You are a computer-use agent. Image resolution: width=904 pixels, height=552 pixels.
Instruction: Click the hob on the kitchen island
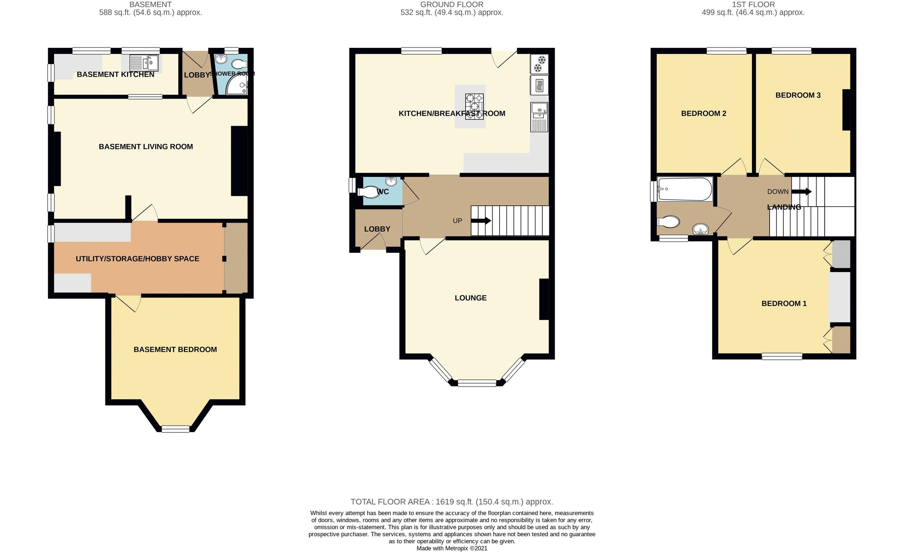point(474,106)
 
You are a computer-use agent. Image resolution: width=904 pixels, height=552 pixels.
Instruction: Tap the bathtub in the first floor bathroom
point(685,189)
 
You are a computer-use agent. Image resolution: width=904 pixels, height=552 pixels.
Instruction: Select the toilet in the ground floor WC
point(369,192)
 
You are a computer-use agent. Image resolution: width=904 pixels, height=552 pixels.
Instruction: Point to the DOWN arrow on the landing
point(801,192)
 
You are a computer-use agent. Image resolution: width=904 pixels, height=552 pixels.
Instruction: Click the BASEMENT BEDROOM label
point(175,350)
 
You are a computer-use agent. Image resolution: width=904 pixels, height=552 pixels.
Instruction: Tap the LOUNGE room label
point(470,298)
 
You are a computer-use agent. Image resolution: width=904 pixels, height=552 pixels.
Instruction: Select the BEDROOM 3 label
point(798,95)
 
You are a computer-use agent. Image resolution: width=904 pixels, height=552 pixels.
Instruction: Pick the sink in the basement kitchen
point(144,63)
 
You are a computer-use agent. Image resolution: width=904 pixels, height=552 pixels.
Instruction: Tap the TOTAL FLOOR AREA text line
point(452,502)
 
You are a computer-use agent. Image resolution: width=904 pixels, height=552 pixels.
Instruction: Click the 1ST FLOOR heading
point(753,5)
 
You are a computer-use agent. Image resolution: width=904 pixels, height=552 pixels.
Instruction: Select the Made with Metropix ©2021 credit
point(452,548)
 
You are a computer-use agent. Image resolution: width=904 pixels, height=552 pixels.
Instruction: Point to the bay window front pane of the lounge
point(477,383)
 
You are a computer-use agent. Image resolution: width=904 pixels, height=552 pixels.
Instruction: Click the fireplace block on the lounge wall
point(544,299)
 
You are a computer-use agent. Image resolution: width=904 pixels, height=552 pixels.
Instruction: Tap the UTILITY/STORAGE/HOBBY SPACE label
point(137,259)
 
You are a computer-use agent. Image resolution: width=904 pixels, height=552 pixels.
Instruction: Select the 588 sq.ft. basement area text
point(150,12)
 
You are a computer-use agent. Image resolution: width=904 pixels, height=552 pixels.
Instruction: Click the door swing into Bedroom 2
point(734,167)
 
